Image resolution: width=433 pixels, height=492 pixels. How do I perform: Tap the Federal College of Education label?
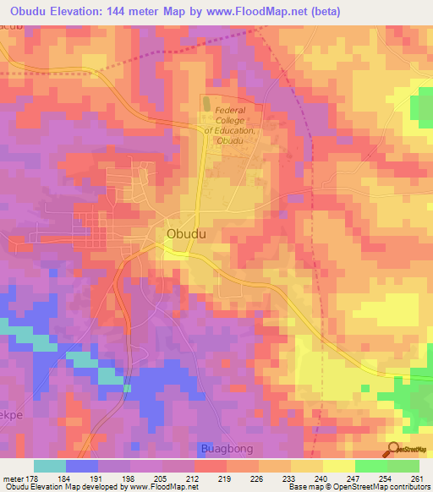click(236, 126)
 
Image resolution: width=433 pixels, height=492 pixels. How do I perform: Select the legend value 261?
click(415, 477)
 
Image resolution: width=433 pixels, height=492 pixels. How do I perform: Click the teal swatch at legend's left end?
click(49, 466)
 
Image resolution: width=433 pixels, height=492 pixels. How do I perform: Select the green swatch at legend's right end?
click(403, 466)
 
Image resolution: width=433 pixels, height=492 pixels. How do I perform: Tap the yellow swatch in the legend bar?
click(338, 466)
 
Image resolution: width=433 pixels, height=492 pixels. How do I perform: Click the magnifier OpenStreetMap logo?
click(395, 451)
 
